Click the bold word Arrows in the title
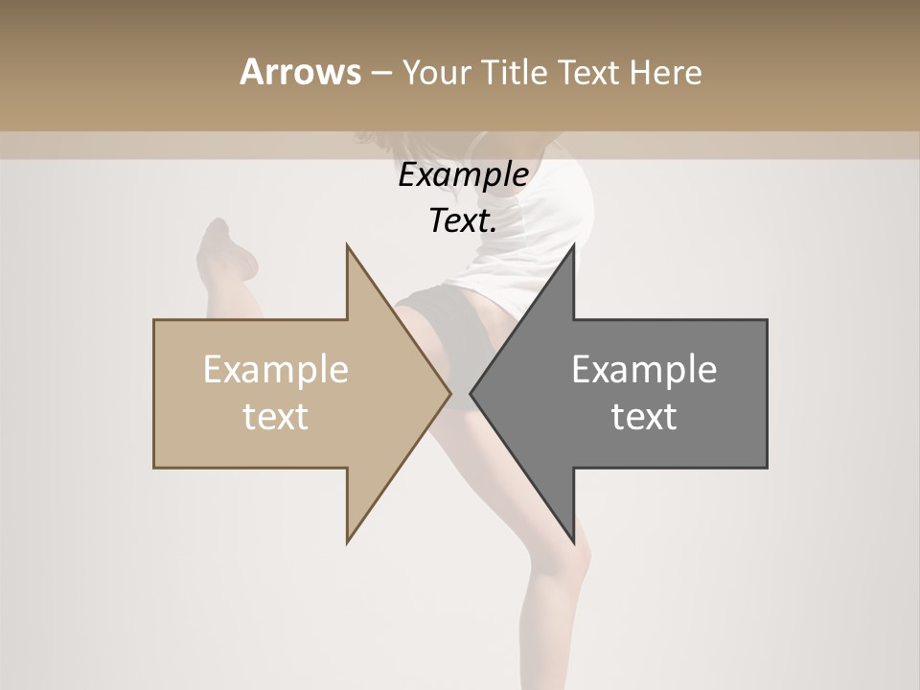[300, 72]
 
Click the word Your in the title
[436, 72]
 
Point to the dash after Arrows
[379, 73]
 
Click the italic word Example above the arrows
[463, 175]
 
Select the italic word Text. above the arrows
[463, 221]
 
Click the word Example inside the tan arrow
[275, 369]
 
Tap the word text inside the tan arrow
[275, 417]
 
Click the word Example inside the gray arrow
[644, 369]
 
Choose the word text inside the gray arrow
[644, 417]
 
